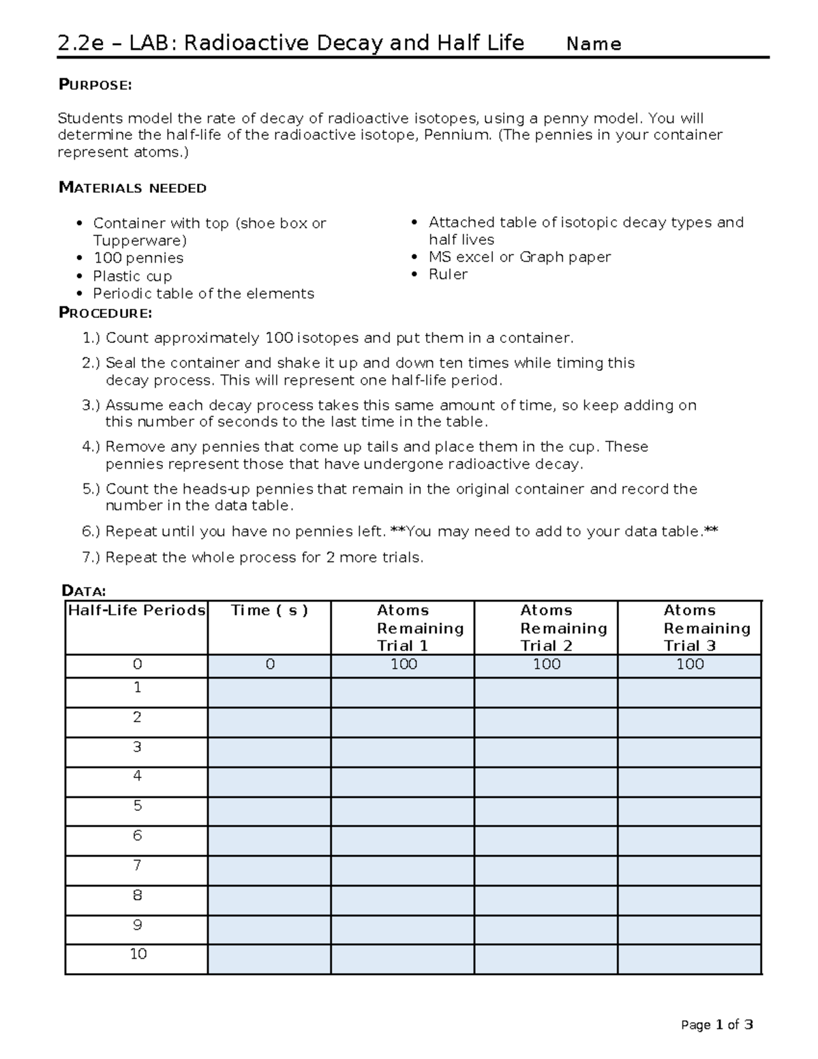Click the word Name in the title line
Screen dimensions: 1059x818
(594, 44)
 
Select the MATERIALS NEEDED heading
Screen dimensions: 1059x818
(132, 188)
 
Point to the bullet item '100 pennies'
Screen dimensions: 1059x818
(138, 258)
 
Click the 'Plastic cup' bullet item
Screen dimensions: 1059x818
(132, 276)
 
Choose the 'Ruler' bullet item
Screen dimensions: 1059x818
(448, 274)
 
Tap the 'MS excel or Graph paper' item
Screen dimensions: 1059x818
(519, 257)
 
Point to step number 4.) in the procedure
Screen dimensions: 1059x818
(91, 447)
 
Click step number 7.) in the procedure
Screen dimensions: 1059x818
(91, 557)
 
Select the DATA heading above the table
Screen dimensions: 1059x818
(83, 591)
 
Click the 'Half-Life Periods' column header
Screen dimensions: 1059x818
(136, 610)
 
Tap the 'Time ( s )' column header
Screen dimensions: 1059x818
(269, 610)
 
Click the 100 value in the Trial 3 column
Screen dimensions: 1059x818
(690, 664)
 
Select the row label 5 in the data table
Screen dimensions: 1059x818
(137, 806)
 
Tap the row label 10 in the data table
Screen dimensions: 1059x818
(138, 954)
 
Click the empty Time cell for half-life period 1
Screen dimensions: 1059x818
(269, 692)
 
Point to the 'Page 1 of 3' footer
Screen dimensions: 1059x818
(717, 1025)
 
